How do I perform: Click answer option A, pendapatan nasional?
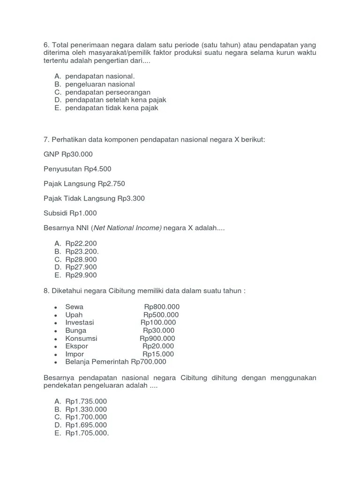(100, 76)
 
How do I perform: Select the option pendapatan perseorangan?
(108, 92)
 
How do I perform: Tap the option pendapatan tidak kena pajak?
(112, 108)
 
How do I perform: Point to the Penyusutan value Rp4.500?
(97, 169)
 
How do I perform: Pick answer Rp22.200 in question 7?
(81, 243)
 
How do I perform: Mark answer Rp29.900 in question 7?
(81, 275)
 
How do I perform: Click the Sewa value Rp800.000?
(162, 307)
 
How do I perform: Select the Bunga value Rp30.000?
(159, 330)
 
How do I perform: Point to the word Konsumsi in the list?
(81, 338)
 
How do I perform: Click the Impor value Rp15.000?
(158, 354)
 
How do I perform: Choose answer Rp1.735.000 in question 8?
(86, 401)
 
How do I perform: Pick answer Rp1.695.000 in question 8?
(86, 425)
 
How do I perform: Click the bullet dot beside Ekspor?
(56, 347)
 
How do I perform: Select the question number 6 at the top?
(46, 45)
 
